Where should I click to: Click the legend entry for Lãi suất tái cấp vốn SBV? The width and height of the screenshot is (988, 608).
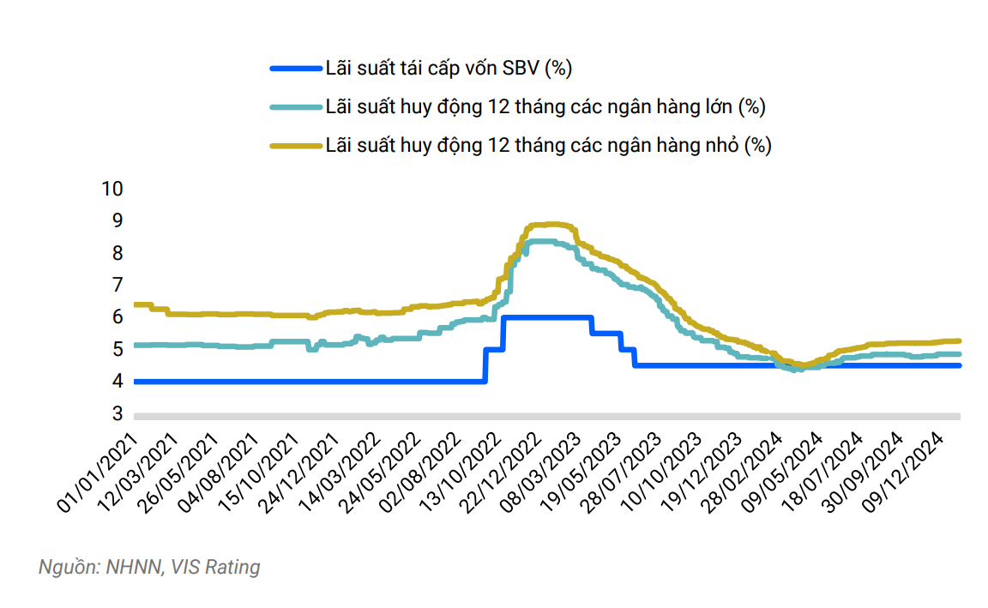tap(449, 68)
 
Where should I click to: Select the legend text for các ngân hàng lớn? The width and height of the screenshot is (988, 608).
tap(545, 107)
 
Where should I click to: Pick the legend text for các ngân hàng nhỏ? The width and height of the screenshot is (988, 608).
tap(548, 146)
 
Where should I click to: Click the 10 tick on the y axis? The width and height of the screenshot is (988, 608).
tap(112, 189)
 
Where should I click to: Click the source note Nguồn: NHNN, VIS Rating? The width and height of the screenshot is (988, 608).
tap(149, 567)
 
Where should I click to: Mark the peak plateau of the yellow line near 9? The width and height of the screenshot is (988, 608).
tap(549, 225)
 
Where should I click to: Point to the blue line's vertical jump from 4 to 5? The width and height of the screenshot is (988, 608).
tap(485, 365)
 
